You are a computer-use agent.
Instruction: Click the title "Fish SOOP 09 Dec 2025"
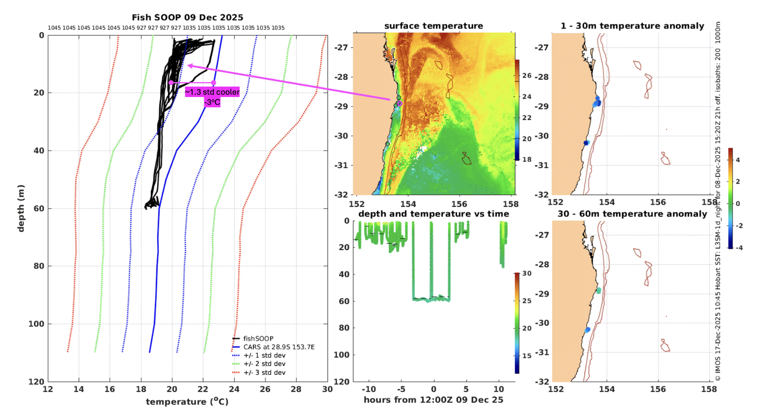click(187, 17)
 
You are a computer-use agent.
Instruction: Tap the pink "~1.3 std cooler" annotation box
click(212, 92)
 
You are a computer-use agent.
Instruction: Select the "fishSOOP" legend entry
click(258, 339)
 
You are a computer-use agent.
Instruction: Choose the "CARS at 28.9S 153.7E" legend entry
click(279, 347)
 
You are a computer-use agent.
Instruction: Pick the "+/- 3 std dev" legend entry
click(264, 373)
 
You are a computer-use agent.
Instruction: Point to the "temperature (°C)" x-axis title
click(187, 402)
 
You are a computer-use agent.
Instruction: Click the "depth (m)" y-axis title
click(21, 208)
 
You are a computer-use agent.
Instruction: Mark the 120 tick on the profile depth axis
click(36, 382)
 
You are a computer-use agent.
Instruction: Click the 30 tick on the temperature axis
click(327, 389)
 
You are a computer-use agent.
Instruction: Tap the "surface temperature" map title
click(433, 26)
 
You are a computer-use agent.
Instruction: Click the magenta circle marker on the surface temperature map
click(399, 103)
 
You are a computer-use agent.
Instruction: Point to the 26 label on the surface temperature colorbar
click(527, 76)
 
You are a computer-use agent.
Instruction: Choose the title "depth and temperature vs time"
click(433, 214)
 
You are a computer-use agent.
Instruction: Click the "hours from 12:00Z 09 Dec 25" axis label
click(433, 400)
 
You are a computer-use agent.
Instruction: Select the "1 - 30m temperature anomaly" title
click(632, 26)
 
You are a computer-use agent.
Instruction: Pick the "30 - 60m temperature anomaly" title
click(632, 214)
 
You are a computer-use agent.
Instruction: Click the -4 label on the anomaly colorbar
click(739, 248)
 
